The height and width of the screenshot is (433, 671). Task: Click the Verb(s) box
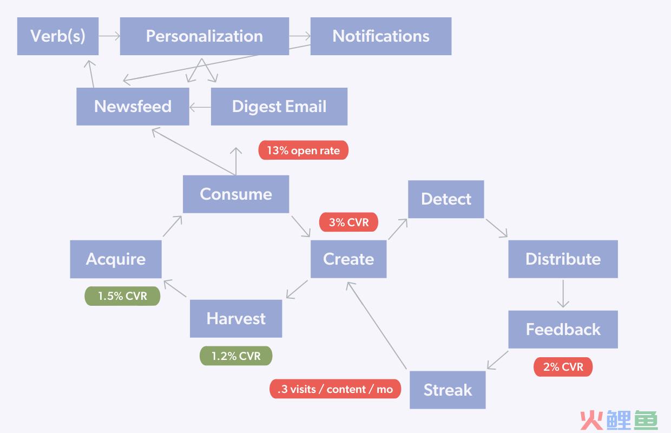[58, 36]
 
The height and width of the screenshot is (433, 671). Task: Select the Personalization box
[205, 36]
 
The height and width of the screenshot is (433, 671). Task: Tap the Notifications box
[381, 36]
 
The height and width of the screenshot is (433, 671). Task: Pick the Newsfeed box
[133, 107]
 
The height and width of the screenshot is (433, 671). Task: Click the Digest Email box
[279, 107]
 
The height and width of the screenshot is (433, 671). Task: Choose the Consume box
[236, 194]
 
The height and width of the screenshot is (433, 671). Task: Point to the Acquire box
[116, 259]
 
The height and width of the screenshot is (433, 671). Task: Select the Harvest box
[236, 319]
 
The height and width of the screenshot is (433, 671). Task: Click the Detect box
[446, 199]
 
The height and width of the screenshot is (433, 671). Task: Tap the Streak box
[448, 390]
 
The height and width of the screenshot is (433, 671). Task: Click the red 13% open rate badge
[304, 150]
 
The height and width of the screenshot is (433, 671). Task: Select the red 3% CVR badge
[348, 222]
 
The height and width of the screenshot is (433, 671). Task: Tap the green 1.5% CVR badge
[122, 296]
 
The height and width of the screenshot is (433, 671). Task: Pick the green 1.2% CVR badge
[236, 356]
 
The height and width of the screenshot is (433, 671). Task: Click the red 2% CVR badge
[563, 367]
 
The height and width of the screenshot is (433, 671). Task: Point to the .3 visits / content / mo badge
[335, 389]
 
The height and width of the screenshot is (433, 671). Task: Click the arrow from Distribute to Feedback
[563, 294]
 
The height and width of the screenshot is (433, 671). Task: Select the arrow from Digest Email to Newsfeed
[200, 107]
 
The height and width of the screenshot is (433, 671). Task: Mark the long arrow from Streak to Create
[377, 325]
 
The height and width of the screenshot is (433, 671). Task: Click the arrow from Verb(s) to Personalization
[109, 36]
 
